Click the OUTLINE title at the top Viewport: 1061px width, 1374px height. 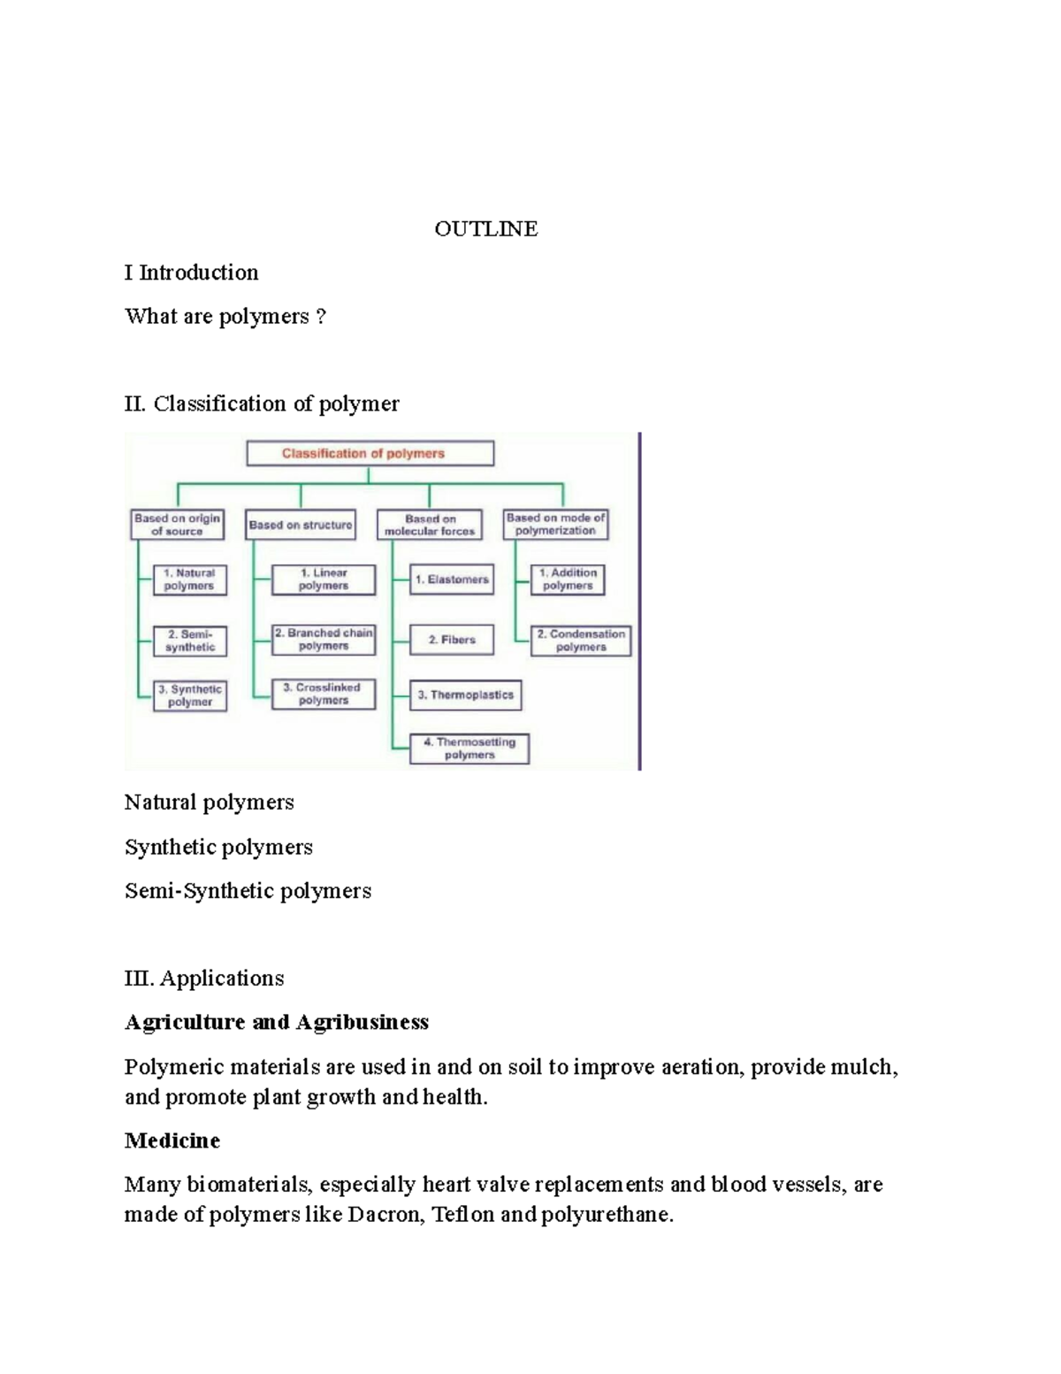pos(485,229)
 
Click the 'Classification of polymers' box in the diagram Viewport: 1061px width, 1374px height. pos(370,454)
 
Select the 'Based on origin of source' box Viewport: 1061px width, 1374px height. pos(177,525)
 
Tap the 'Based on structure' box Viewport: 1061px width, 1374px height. pos(301,525)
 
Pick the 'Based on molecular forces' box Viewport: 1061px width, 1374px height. pos(430,525)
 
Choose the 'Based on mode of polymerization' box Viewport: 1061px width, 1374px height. pos(556,525)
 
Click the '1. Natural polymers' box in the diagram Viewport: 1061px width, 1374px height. pos(189,580)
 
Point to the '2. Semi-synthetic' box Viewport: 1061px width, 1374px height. pos(189,641)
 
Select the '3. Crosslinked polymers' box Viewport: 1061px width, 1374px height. pos(323,694)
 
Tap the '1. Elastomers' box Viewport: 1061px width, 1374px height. pos(452,580)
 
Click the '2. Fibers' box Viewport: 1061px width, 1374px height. pos(452,640)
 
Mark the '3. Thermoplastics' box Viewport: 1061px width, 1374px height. pos(466,695)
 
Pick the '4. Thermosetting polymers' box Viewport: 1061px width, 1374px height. pos(469,748)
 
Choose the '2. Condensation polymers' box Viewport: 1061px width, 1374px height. pos(581,641)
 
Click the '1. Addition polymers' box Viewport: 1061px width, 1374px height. pos(568,580)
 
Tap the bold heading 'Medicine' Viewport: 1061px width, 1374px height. pos(172,1140)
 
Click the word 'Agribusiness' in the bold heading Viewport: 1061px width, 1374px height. pos(363,1023)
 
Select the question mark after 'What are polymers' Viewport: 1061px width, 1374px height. pos(321,317)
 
